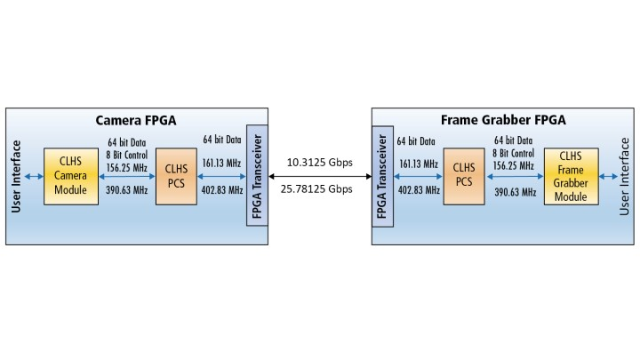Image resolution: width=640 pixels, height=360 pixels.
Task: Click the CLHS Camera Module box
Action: [70, 176]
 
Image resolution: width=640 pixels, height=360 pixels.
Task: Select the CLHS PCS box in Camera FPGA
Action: [175, 176]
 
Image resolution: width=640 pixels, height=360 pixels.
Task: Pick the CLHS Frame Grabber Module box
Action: [570, 177]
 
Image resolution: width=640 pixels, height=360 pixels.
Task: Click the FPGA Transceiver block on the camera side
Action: [256, 175]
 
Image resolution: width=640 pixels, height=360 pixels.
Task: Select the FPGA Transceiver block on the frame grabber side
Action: [381, 177]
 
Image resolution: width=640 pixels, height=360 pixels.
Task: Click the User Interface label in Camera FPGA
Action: [17, 176]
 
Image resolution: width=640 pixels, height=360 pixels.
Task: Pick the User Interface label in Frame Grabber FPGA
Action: [625, 176]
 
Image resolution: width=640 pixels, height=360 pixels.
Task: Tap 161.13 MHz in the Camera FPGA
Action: [222, 164]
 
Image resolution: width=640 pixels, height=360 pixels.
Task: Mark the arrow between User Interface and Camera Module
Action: [34, 176]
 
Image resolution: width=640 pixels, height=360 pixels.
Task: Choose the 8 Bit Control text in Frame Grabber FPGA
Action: [513, 152]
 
